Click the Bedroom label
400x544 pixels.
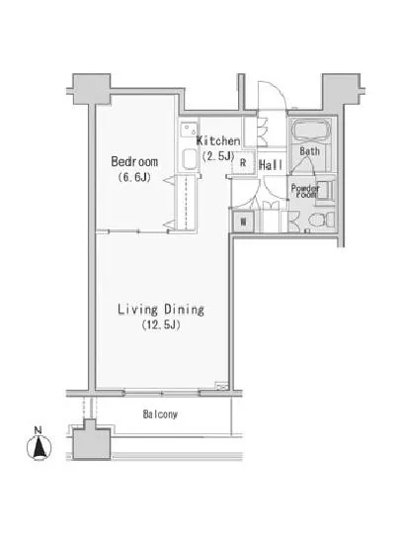(134, 161)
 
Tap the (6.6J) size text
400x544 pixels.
(134, 177)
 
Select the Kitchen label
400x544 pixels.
(218, 140)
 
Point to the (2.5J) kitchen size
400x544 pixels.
(218, 156)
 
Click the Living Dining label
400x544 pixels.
(161, 310)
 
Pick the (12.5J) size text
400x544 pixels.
(161, 325)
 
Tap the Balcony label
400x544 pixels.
(160, 413)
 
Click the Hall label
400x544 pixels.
(271, 165)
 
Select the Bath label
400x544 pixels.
(309, 151)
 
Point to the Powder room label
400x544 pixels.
(305, 191)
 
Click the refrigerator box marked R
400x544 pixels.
(243, 162)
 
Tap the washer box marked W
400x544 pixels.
(244, 222)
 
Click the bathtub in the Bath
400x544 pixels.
(310, 130)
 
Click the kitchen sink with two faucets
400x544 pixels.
(189, 131)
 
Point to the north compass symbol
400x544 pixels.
(40, 447)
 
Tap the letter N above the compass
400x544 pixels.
(39, 430)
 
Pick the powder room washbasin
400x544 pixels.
(325, 190)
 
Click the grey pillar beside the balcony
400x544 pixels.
(91, 439)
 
